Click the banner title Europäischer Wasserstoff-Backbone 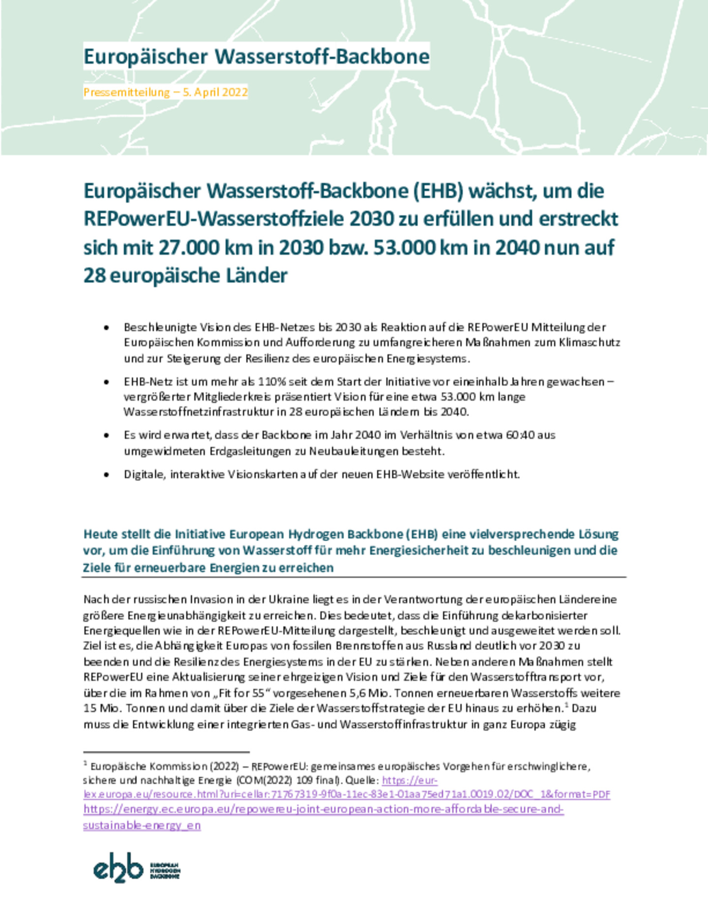(256, 57)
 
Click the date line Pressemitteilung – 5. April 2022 (165, 92)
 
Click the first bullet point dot (106, 328)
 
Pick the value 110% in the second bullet (271, 382)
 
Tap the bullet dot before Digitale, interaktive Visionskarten (106, 475)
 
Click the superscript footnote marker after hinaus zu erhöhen (566, 705)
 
